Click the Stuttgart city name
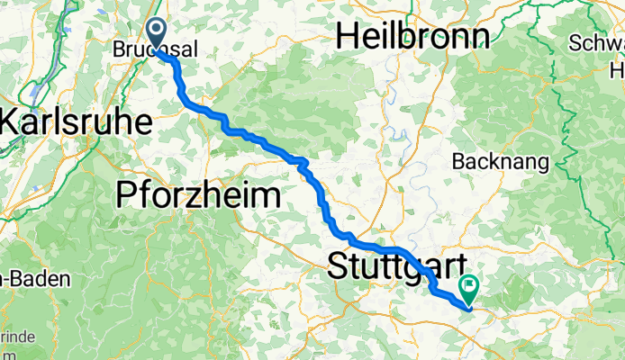[399, 265]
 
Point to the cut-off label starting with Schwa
[597, 42]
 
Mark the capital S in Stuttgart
[339, 265]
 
